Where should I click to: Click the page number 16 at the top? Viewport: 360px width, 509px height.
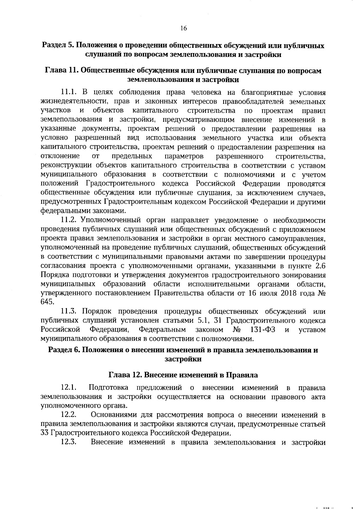click(184, 28)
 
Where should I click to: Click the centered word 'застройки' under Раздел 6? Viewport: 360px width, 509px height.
click(183, 359)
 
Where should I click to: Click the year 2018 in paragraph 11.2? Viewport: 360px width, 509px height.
click(289, 293)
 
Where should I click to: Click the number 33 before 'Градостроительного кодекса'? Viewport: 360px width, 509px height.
click(45, 433)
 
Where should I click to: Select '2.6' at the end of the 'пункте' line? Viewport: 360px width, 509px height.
click(320, 266)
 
